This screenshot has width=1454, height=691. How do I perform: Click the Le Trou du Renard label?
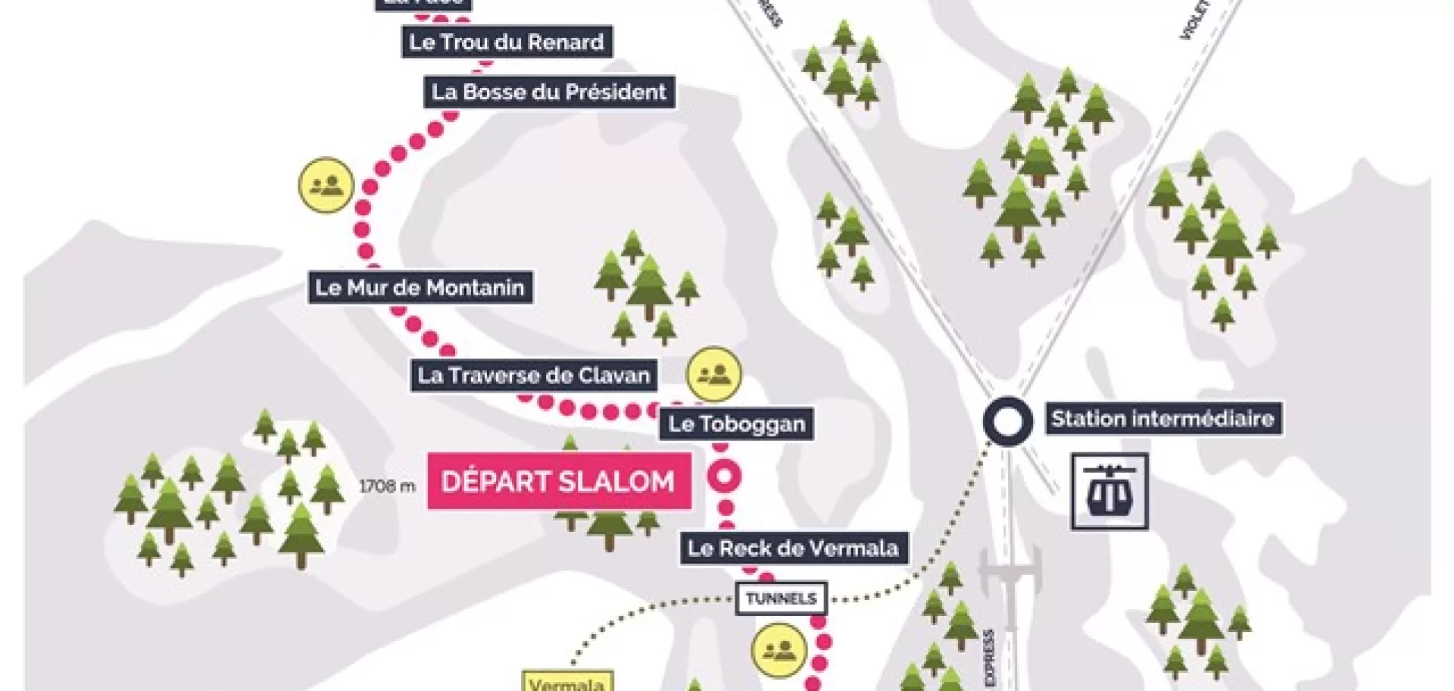coord(506,42)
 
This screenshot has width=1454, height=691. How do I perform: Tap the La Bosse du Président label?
coord(549,92)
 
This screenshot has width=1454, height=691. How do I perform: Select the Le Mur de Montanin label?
coord(420,288)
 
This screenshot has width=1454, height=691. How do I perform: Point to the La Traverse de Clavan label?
coord(533,375)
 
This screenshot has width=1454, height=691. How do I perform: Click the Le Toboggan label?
coord(736,424)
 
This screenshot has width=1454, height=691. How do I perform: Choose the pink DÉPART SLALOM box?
coord(558,482)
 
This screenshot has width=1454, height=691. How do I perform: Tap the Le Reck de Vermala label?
coord(793,549)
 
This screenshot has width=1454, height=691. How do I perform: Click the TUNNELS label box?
coord(782,599)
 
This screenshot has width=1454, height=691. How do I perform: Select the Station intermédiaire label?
coord(1162,418)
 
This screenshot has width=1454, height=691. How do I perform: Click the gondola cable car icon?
coord(1109,491)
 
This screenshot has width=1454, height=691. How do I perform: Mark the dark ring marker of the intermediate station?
coord(1008,421)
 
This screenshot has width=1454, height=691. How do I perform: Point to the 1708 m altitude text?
coord(387,486)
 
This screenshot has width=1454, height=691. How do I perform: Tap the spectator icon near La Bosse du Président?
coord(326,185)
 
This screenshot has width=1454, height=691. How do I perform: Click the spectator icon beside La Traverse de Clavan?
coord(713,374)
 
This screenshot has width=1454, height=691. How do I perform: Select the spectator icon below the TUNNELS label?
coord(778,650)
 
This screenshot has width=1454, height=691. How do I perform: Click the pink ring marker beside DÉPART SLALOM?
coord(725,477)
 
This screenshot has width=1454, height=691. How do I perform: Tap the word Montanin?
coord(475,288)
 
